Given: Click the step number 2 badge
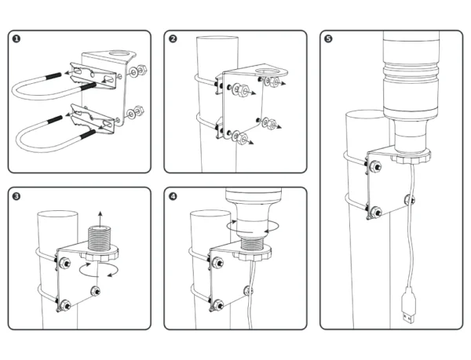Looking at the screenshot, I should tap(173, 38).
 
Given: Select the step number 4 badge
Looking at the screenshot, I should tap(173, 196).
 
